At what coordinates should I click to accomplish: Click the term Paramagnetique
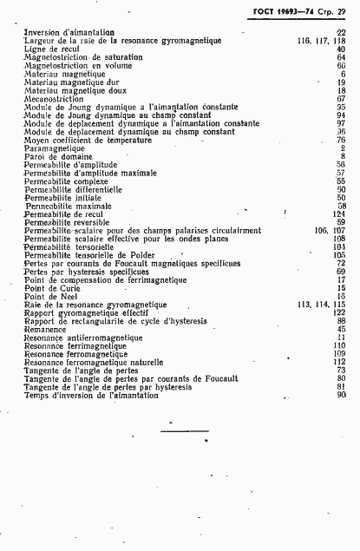pyautogui.click(x=55, y=148)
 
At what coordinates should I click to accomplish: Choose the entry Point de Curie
pyautogui.click(x=50, y=288)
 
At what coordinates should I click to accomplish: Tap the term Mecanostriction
pyautogui.click(x=56, y=98)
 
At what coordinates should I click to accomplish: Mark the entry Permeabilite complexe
pyautogui.click(x=65, y=180)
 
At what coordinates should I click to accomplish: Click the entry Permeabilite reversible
pyautogui.click(x=67, y=222)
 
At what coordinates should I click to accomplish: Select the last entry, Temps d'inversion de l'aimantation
pyautogui.click(x=91, y=396)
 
